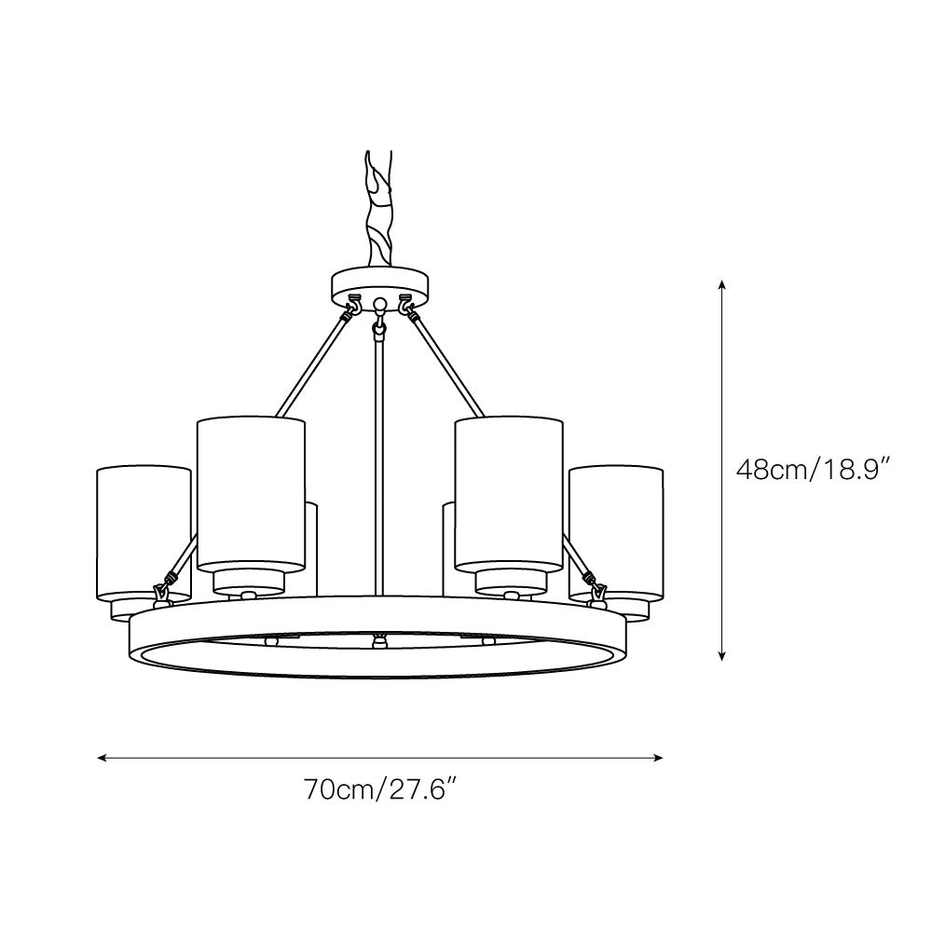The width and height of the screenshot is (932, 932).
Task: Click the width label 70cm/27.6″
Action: pyautogui.click(x=378, y=790)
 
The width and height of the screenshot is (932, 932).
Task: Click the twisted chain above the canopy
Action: pyautogui.click(x=378, y=206)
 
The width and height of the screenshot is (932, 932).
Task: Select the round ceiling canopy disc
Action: pyautogui.click(x=380, y=283)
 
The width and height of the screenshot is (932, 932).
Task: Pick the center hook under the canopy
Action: pyautogui.click(x=379, y=322)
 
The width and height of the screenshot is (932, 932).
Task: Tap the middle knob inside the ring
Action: pyautogui.click(x=378, y=640)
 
